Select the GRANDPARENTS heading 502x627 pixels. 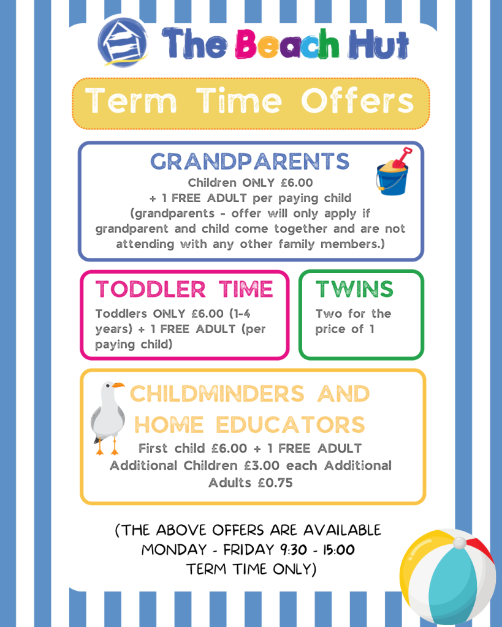click(x=250, y=161)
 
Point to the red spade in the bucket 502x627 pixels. click(x=402, y=157)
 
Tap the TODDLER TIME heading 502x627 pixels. click(x=184, y=289)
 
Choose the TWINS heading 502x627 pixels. click(x=354, y=289)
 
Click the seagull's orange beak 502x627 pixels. click(x=118, y=385)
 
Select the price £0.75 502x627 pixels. click(x=275, y=482)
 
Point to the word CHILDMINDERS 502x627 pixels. click(x=217, y=394)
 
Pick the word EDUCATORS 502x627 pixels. click(x=291, y=424)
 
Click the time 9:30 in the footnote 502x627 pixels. click(x=294, y=550)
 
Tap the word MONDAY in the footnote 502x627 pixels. click(x=174, y=550)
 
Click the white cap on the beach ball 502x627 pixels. click(x=460, y=543)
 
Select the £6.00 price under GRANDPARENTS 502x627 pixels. click(x=297, y=182)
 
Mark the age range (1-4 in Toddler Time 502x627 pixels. click(x=240, y=313)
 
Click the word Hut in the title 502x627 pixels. click(x=378, y=43)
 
